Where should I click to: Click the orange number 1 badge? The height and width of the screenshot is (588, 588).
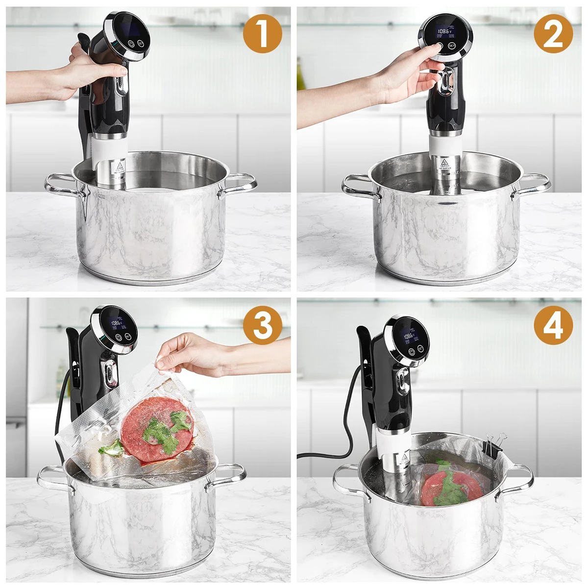(x=263, y=33)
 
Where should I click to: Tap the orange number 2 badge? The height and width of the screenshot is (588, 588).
(x=553, y=33)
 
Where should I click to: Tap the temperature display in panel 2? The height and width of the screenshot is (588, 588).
(x=445, y=31)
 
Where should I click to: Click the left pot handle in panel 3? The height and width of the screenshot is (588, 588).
(x=52, y=477)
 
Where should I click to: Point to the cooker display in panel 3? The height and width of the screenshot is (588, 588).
(x=118, y=324)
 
